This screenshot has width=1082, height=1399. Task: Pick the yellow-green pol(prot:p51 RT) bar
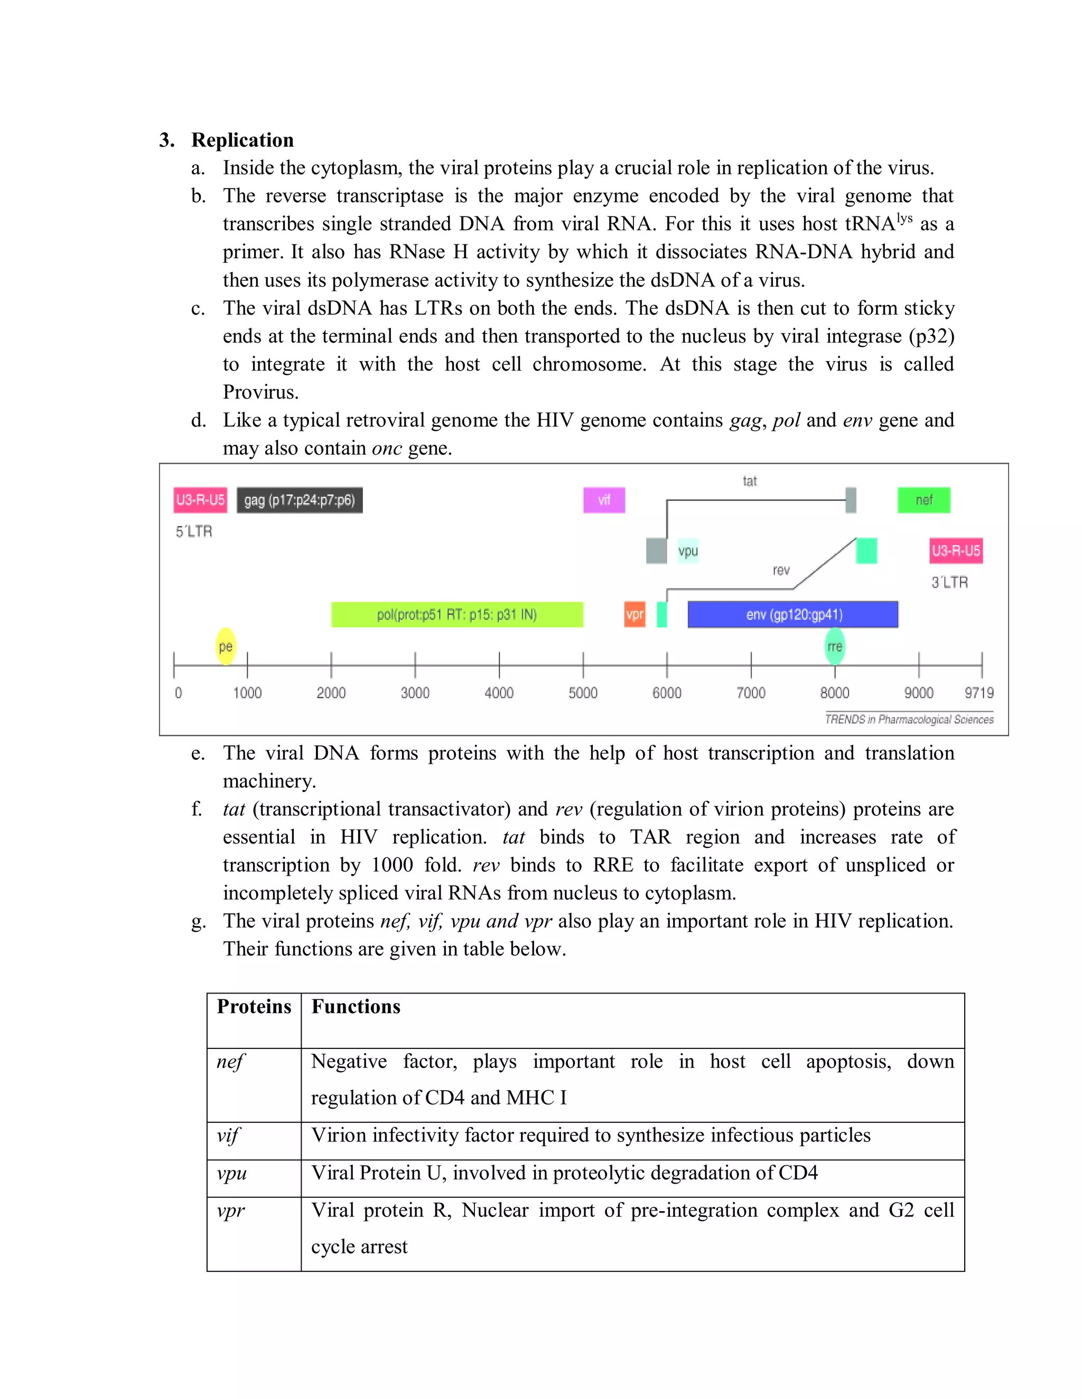point(456,615)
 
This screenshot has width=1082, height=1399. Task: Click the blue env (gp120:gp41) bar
point(793,615)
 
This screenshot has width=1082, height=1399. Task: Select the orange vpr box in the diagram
point(635,615)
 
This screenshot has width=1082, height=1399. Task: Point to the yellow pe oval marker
point(226,646)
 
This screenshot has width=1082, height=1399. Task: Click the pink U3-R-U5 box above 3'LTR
point(956,551)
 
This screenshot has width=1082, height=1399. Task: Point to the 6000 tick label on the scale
point(667,693)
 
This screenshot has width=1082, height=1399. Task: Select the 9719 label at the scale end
point(979,693)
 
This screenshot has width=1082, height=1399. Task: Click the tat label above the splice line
point(749,481)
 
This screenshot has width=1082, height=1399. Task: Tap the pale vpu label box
point(688,551)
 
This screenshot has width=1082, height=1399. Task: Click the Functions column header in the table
point(356,1007)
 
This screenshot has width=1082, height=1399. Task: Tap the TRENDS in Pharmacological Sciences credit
point(909,720)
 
